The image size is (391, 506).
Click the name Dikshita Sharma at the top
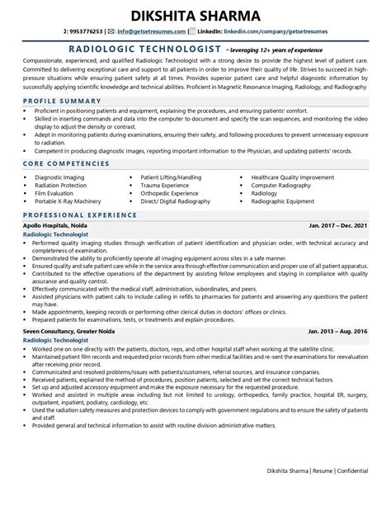pyautogui.click(x=195, y=14)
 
